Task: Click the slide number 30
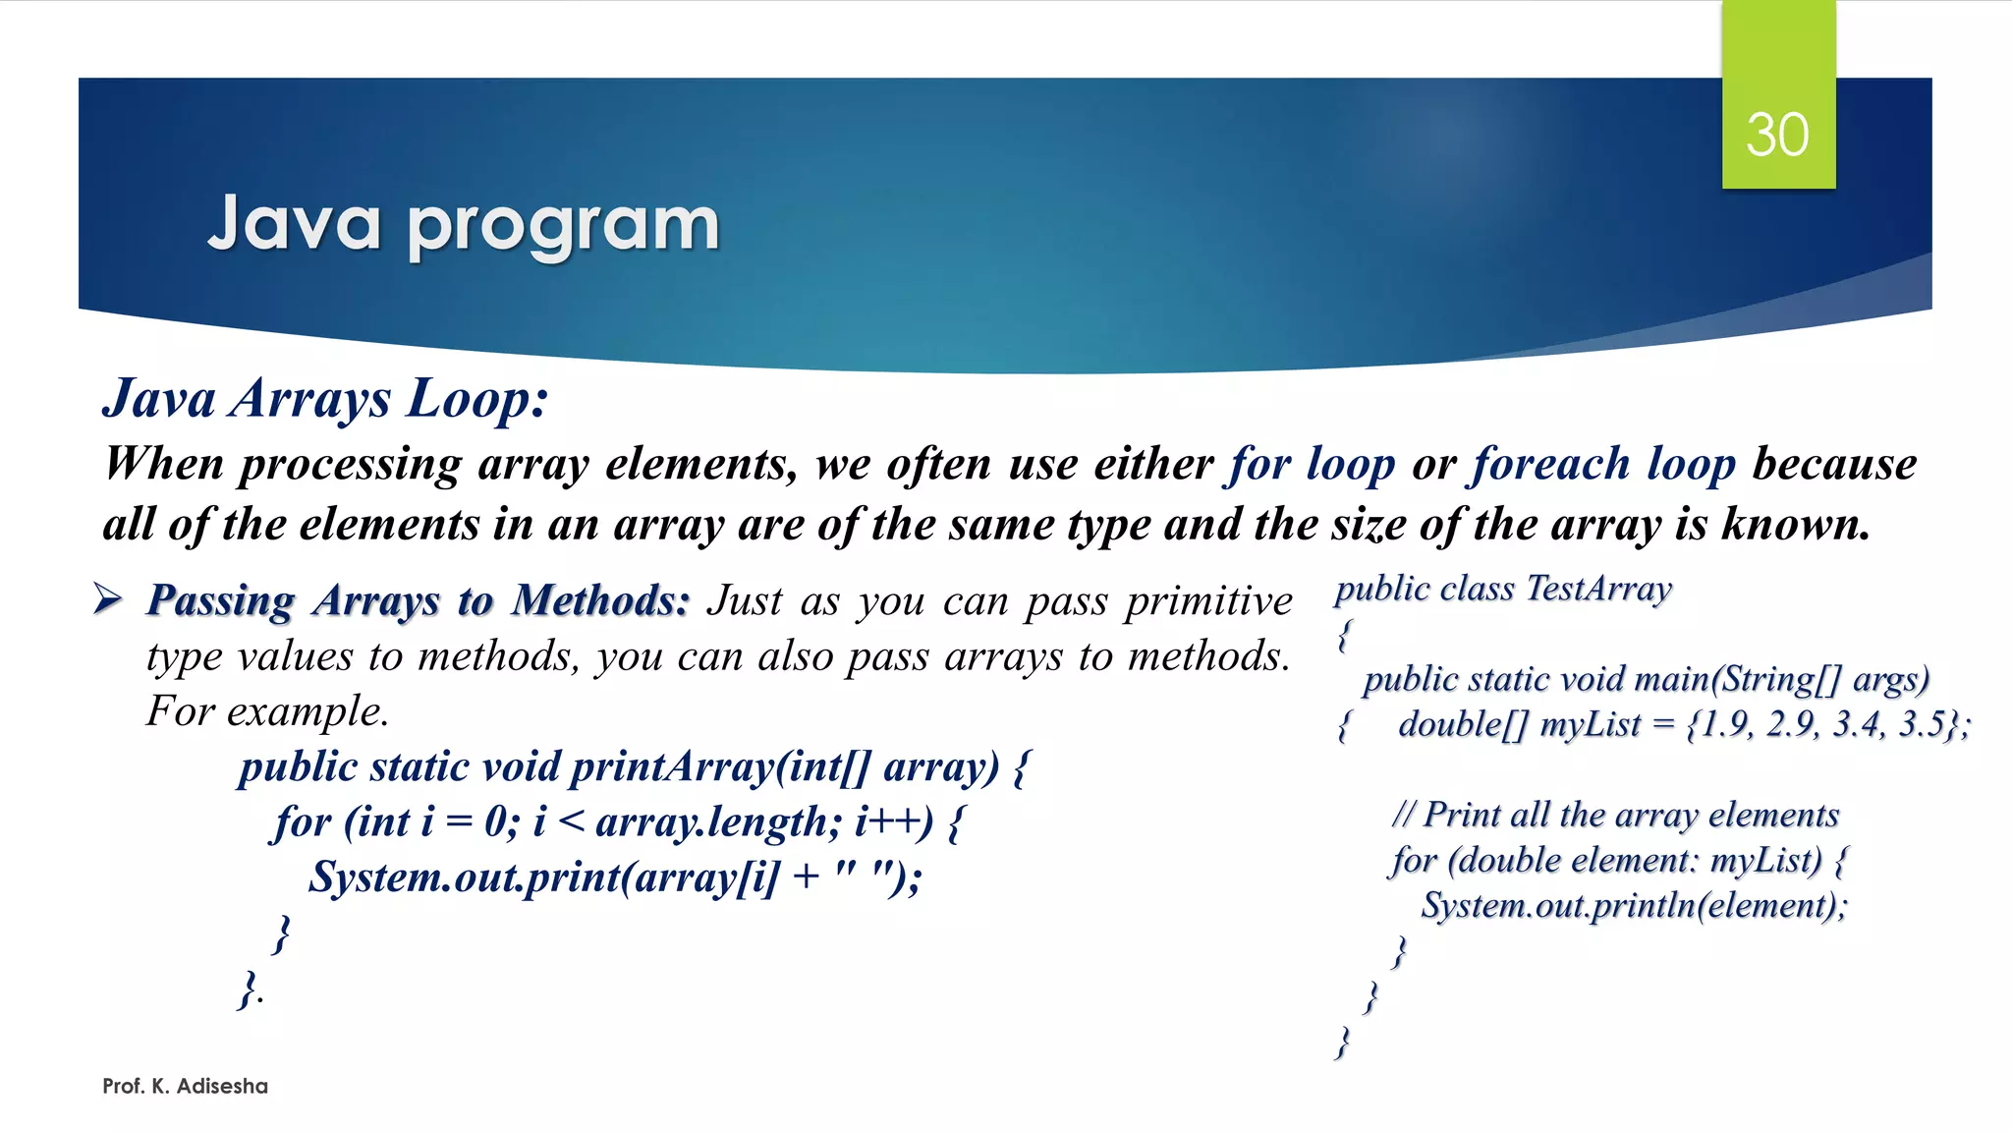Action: pyautogui.click(x=1777, y=135)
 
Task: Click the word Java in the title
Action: pyautogui.click(x=294, y=224)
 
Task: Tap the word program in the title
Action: pyautogui.click(x=563, y=226)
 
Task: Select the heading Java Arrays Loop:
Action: pyautogui.click(x=325, y=399)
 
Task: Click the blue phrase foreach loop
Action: pyautogui.click(x=1602, y=464)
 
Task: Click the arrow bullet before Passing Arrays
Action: pyautogui.click(x=108, y=597)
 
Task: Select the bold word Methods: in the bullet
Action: pyautogui.click(x=601, y=600)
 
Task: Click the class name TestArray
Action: pyautogui.click(x=1598, y=589)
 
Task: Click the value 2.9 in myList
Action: pyautogui.click(x=1790, y=724)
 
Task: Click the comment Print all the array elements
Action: pyautogui.click(x=1631, y=815)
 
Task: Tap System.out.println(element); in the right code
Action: pyautogui.click(x=1634, y=905)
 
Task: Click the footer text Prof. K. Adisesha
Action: pyautogui.click(x=185, y=1086)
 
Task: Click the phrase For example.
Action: pyautogui.click(x=267, y=711)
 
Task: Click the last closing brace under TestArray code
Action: pyautogui.click(x=1343, y=1043)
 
